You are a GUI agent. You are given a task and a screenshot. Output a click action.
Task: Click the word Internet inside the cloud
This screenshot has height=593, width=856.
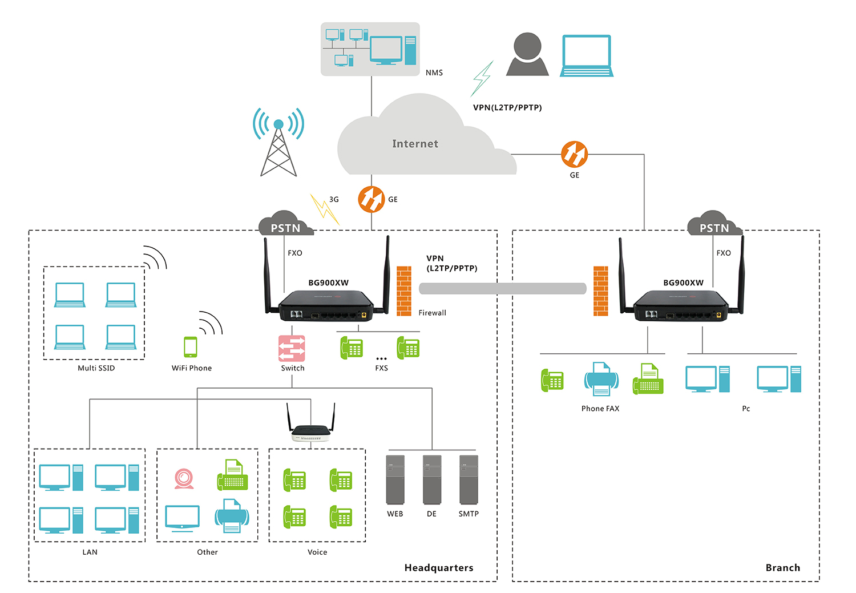[415, 144]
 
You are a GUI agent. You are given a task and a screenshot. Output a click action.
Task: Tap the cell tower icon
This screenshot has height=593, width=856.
[278, 143]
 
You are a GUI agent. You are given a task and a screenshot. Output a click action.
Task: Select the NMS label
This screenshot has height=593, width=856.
[434, 72]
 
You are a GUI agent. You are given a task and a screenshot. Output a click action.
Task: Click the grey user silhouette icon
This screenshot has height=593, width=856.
[527, 55]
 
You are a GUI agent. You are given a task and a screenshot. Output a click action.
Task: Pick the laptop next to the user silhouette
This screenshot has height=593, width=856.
[587, 55]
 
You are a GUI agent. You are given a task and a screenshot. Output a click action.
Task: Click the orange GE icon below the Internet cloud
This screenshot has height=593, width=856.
[371, 199]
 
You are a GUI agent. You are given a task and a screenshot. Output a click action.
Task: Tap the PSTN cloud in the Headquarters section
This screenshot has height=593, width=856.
[285, 224]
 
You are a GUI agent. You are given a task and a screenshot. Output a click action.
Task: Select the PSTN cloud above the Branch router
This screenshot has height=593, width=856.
[714, 224]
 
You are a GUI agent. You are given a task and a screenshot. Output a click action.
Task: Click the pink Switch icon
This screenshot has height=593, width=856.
[292, 348]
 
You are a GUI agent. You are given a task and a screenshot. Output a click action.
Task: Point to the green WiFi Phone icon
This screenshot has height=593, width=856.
[191, 346]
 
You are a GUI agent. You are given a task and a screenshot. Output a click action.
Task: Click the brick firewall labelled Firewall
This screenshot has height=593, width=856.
[404, 291]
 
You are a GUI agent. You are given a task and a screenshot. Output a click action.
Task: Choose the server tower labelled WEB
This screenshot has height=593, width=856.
[395, 479]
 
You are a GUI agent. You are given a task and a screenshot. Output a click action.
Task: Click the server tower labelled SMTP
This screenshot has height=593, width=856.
[469, 479]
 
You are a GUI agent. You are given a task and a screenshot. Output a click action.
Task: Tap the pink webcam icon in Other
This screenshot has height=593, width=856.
[184, 478]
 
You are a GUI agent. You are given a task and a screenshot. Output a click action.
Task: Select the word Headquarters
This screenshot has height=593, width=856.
[438, 568]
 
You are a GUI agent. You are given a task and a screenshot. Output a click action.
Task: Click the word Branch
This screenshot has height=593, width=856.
[782, 568]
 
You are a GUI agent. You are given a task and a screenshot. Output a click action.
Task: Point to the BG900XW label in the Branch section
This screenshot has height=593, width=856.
[683, 283]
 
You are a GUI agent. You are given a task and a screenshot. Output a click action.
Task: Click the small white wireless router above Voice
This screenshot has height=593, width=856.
[310, 432]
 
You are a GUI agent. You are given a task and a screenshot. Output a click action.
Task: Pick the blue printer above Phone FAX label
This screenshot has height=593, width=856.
[601, 379]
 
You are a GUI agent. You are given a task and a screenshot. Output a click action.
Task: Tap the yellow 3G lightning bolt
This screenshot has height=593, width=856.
[324, 209]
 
